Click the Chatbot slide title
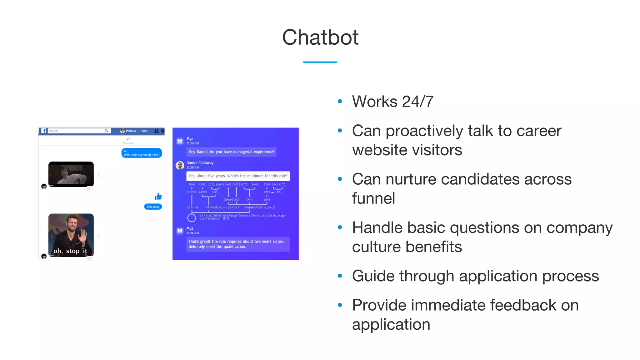click(320, 37)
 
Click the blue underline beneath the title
click(320, 62)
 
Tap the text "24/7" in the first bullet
click(417, 102)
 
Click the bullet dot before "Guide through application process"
click(340, 276)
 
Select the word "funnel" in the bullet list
click(373, 198)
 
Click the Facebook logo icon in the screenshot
click(44, 131)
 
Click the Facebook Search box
click(78, 131)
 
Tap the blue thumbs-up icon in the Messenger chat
click(158, 197)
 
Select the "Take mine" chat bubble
click(153, 207)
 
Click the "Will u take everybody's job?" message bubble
click(142, 153)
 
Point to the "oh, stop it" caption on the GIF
click(70, 251)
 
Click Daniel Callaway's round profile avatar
click(180, 165)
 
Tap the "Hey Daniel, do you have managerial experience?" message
click(231, 152)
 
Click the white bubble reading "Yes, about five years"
click(238, 176)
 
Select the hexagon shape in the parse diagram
click(191, 217)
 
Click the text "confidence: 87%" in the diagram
click(214, 219)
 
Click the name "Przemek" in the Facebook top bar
click(131, 131)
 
